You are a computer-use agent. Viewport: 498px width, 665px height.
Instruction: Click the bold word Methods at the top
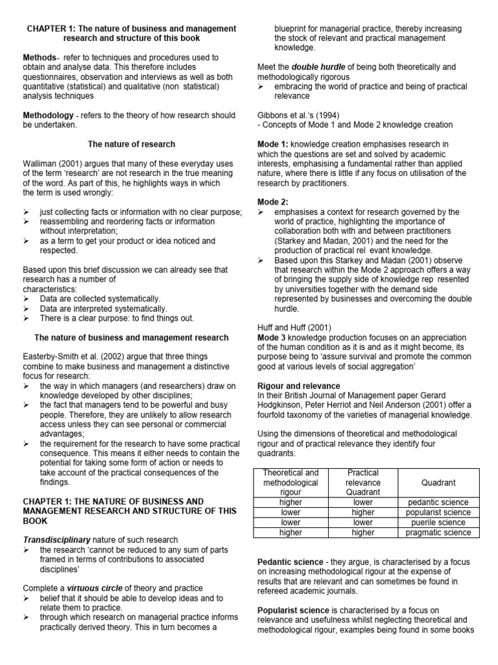[40, 58]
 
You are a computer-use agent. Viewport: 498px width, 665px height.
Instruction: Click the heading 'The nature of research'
[132, 144]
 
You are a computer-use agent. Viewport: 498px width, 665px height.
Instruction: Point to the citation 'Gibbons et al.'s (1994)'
[300, 116]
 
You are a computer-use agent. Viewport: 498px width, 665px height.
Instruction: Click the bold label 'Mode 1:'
[273, 144]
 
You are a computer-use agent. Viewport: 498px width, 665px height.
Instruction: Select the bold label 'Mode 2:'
[273, 202]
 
